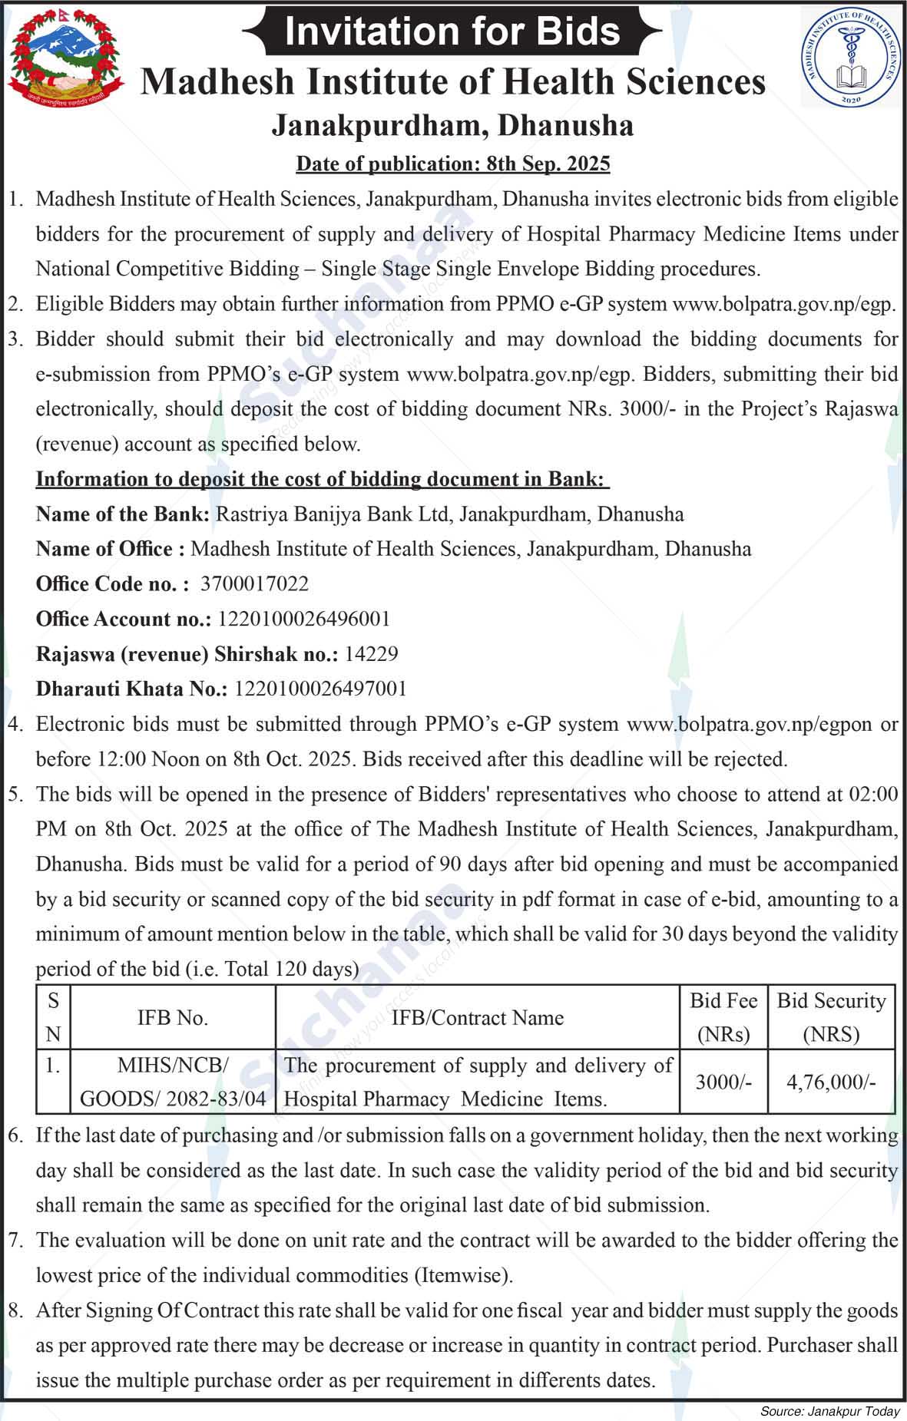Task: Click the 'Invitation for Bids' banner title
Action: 452,31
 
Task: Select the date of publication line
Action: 453,164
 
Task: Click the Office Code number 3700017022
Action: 254,584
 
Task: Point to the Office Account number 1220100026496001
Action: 304,619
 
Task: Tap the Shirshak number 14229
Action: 371,654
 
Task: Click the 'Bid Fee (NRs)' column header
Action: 723,1017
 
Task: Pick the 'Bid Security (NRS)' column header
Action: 831,1017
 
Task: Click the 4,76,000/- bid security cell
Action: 831,1082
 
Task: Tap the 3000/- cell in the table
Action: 723,1082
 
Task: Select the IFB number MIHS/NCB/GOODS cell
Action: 173,1082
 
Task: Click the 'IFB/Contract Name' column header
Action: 478,1018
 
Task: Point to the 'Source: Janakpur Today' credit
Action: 829,1411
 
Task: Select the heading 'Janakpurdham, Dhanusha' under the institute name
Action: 452,126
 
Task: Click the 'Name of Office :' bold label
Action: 110,549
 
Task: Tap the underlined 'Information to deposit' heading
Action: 323,479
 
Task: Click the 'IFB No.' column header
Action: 173,1018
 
